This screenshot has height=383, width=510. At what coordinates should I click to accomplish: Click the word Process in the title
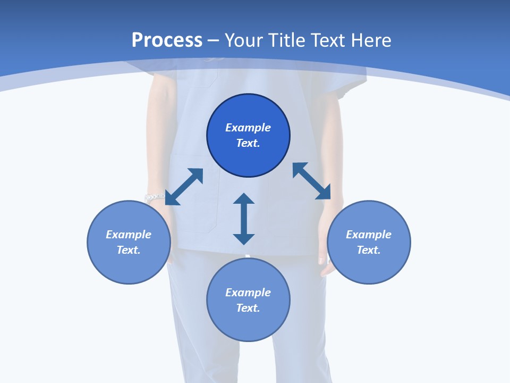click(167, 40)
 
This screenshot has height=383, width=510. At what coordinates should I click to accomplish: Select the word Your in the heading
click(243, 40)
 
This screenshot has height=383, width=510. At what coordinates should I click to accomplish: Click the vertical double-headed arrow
click(244, 219)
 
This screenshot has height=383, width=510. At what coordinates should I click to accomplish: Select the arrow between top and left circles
click(184, 187)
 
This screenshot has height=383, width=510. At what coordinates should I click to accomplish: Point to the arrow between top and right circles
click(311, 181)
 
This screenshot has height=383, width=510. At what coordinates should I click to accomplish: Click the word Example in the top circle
click(248, 128)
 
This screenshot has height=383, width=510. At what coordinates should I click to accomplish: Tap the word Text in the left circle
click(129, 250)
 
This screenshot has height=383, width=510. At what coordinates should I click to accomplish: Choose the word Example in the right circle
click(369, 235)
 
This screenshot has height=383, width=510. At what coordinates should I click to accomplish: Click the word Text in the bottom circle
click(248, 308)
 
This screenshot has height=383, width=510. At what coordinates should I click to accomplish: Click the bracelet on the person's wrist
click(155, 198)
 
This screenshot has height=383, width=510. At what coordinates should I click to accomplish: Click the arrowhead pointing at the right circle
click(324, 193)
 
